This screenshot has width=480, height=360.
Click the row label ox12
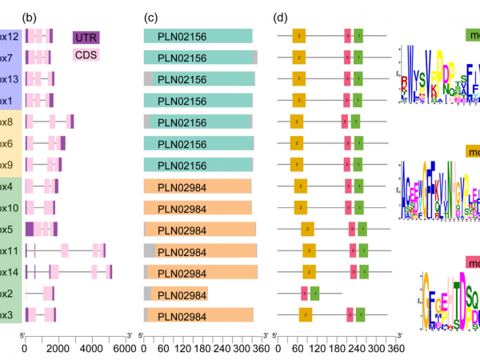10,36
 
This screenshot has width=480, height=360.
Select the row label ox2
8,293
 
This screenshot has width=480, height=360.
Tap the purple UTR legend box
85,38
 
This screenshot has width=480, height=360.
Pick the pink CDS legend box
85,55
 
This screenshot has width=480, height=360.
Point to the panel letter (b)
30,17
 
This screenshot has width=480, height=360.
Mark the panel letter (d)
281,17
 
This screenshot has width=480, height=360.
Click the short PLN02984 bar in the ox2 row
176,294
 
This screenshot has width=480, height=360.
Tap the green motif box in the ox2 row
314,294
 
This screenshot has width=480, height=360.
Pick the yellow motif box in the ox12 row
298,36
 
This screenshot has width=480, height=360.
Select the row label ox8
8,122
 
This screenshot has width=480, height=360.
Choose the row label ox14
10,272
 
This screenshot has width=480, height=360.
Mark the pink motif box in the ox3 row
350,314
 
